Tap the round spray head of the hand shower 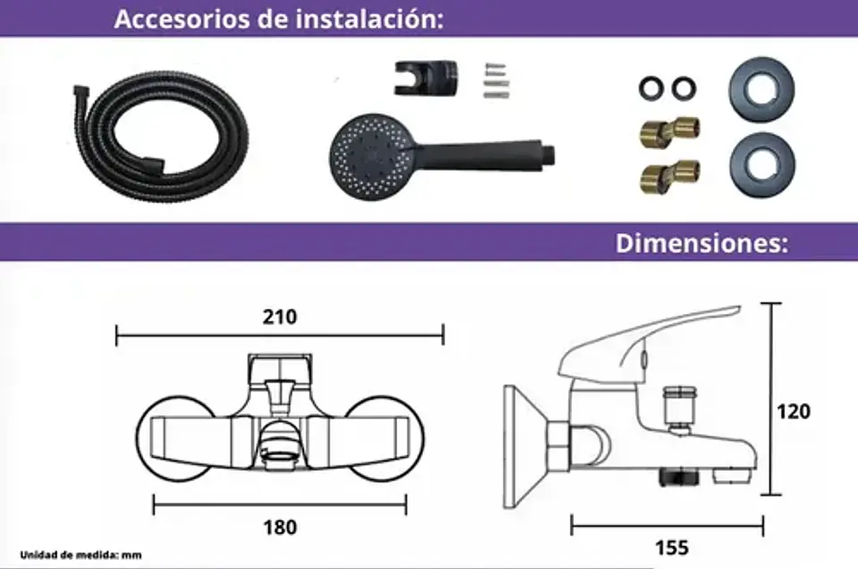pos(371,157)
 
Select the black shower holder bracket pos(425,78)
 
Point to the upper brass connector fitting pos(669,132)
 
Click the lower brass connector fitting pos(669,176)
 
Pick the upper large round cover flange pos(761,89)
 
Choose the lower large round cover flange pos(761,164)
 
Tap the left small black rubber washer pos(652,88)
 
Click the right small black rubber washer pos(684,88)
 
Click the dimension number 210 pos(280,317)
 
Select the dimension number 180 pos(280,527)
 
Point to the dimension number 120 pos(794,412)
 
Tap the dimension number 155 pos(671,548)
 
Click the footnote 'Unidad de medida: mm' pos(81,556)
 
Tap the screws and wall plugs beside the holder pos(496,80)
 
